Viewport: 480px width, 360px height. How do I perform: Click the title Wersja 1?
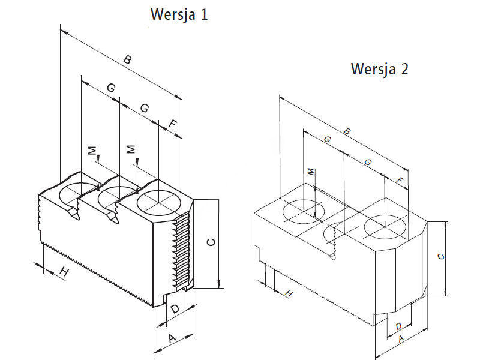(179, 14)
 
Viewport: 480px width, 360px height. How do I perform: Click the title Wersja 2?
(379, 69)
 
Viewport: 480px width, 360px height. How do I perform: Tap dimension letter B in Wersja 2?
(347, 131)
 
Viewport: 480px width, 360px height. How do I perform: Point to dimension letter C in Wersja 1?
(210, 242)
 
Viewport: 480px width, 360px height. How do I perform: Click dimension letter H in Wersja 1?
(64, 273)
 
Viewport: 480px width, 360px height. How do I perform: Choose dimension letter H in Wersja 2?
(289, 293)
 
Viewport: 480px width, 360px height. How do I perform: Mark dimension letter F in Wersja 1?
(173, 124)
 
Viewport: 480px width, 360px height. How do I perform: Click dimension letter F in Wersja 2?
(400, 180)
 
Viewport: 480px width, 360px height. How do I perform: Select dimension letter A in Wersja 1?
(172, 339)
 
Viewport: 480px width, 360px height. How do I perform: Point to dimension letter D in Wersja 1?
(175, 310)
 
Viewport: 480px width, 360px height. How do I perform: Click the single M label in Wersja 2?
(311, 172)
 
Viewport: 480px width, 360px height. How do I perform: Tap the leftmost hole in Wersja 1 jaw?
(78, 192)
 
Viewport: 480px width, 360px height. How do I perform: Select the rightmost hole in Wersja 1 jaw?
(160, 202)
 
